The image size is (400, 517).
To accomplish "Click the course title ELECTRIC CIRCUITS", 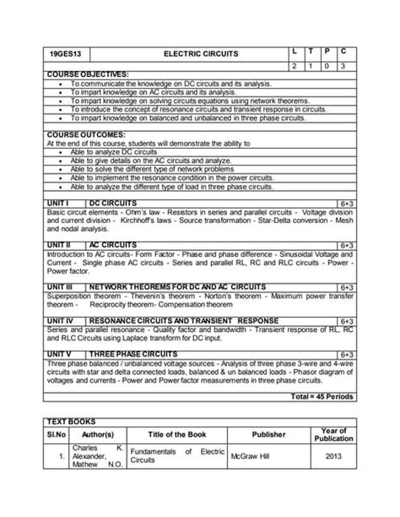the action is point(200,54).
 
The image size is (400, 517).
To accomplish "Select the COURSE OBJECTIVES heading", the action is point(87,74).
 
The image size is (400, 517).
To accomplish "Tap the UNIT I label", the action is point(58,204).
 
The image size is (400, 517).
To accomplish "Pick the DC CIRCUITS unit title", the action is point(112,204).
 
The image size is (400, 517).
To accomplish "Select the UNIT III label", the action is point(61,287).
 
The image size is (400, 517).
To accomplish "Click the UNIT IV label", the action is point(61,322).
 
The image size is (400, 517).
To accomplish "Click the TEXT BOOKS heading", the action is point(72,421).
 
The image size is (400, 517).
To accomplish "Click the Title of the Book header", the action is point(177,434).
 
